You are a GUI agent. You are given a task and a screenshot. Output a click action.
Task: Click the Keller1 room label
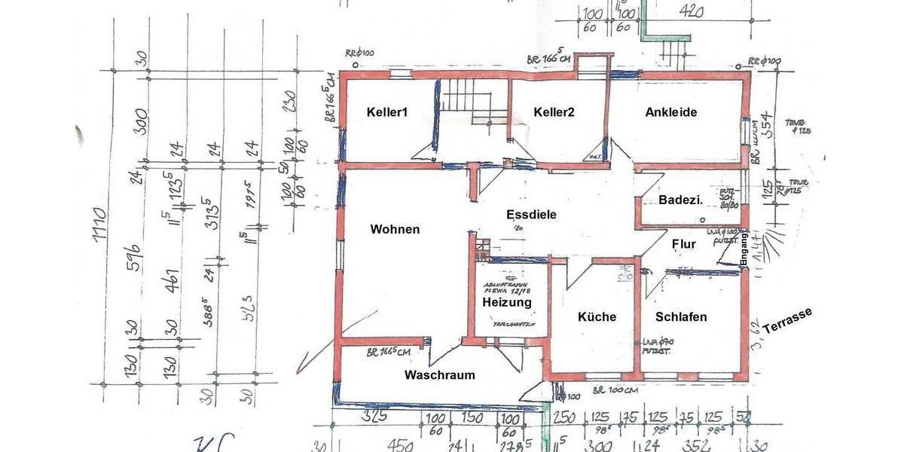point(387,112)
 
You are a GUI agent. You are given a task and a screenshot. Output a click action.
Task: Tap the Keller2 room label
point(554,112)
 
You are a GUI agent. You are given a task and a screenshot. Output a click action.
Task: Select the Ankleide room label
point(670,112)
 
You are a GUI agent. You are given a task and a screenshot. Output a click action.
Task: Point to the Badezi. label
point(680,200)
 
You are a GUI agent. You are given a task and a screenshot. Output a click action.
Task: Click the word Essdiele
point(531,215)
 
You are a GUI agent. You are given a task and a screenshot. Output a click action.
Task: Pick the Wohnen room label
point(395,229)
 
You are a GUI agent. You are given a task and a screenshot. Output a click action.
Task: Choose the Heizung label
point(507,302)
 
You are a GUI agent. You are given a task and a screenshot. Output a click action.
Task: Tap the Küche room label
point(597,317)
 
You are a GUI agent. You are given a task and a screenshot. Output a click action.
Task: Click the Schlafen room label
point(681,317)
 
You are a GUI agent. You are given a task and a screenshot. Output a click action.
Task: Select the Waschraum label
point(440,375)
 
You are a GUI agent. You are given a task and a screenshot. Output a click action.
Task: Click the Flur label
point(683,244)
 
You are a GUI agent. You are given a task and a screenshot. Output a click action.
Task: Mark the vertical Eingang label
point(744,247)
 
